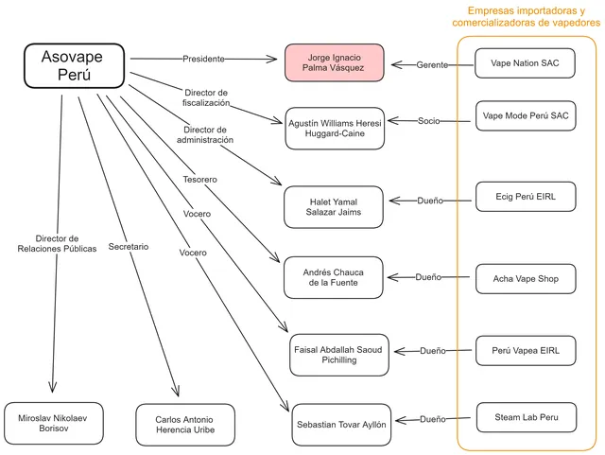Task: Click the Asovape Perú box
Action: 74,65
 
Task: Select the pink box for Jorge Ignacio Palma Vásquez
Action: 334,62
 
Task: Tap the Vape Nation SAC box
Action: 525,63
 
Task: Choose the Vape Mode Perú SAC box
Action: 526,115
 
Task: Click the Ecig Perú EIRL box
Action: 526,197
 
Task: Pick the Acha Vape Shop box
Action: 526,278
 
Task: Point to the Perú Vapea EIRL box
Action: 526,350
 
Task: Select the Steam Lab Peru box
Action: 527,417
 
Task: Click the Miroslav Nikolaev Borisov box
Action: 54,424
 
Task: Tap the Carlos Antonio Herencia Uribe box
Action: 185,425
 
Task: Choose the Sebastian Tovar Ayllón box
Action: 341,425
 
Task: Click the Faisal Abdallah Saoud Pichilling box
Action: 339,355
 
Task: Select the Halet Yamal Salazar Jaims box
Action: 334,207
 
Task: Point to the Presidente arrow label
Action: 203,59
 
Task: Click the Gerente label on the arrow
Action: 432,65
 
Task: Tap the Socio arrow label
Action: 428,121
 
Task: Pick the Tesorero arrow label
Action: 199,179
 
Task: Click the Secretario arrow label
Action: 129,247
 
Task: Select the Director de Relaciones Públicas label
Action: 57,243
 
